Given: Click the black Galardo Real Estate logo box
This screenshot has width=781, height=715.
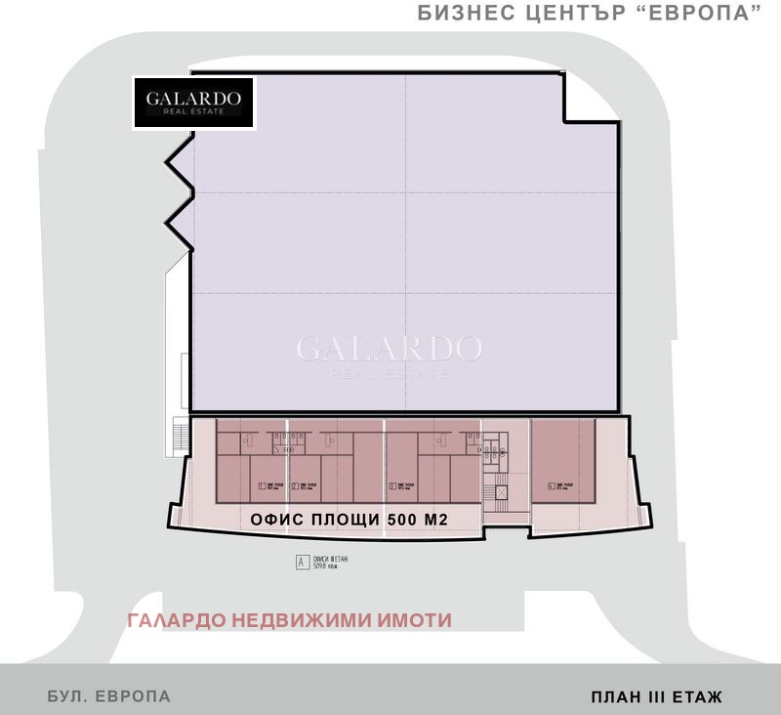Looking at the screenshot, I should coord(193,103).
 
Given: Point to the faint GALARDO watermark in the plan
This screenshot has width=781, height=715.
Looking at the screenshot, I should coord(389,348).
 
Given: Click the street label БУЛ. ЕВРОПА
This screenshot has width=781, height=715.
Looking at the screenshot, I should coord(109,696).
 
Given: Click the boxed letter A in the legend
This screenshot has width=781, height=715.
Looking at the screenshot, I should coord(302,562).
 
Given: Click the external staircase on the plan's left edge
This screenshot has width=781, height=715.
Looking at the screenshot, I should coord(179,436).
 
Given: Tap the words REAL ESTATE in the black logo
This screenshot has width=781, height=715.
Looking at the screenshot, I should coord(193,112).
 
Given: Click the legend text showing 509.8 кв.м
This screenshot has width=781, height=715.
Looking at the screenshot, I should coord(329,566).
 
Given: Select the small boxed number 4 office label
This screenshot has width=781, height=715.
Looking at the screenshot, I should coord(552,485).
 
